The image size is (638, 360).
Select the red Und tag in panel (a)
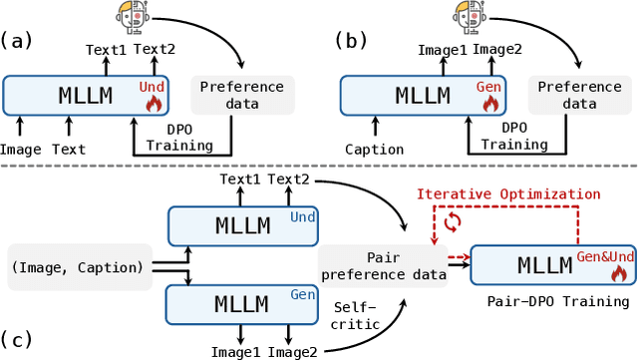click(152, 87)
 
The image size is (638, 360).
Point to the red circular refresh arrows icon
click(453, 222)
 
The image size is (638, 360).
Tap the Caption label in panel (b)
click(375, 150)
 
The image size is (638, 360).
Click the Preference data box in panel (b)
click(567, 95)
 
